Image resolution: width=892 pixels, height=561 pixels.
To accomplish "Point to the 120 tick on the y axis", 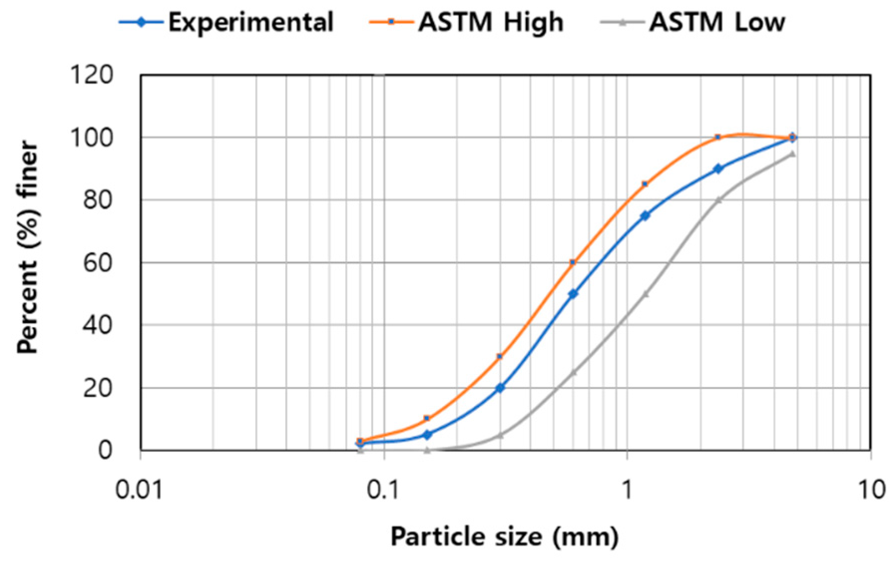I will coord(92,75).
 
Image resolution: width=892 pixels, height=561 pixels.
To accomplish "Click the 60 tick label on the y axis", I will coord(98,263).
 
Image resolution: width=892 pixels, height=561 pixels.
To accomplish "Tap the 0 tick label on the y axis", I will coord(105,450).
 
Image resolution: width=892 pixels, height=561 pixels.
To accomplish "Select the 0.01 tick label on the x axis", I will coord(139,490).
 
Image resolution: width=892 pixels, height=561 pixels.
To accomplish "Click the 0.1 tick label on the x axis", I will coord(383,490).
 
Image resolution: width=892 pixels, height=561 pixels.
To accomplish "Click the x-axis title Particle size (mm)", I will coord(504,537).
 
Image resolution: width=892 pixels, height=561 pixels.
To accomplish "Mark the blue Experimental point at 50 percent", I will coord(573,294).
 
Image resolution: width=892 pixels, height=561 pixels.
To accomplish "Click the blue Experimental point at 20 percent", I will coord(500,387).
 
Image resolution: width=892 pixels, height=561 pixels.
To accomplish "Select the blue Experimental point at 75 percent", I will coord(645,215).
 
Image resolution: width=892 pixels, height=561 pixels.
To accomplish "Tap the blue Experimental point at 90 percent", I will coord(718,169).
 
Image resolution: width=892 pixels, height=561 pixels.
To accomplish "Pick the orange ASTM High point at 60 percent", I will coord(573,262).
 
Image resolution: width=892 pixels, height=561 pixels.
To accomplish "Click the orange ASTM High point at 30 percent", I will coord(500,356).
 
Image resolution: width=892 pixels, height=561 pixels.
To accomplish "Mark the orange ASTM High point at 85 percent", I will coord(645,184).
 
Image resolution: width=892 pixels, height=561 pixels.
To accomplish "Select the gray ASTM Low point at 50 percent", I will coord(646,294).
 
